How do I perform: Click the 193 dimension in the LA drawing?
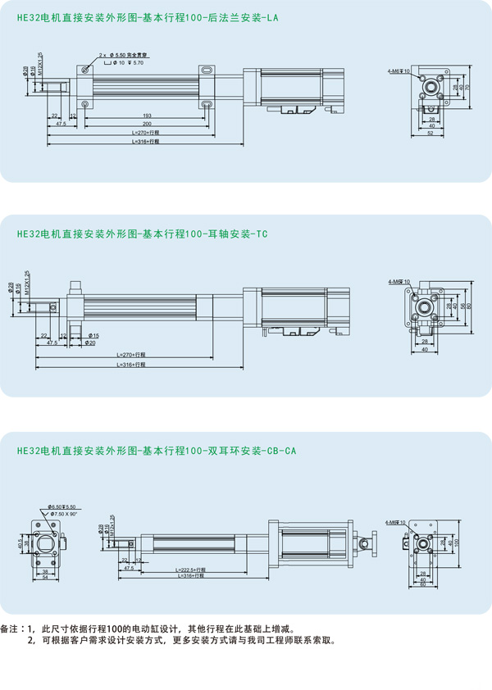[x=147, y=116]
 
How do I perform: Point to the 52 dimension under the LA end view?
[x=431, y=134]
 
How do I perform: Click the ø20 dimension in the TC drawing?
[x=91, y=343]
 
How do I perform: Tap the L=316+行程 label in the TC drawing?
[x=131, y=365]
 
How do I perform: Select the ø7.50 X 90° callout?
[x=62, y=514]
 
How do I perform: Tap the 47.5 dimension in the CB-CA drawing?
[x=129, y=568]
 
